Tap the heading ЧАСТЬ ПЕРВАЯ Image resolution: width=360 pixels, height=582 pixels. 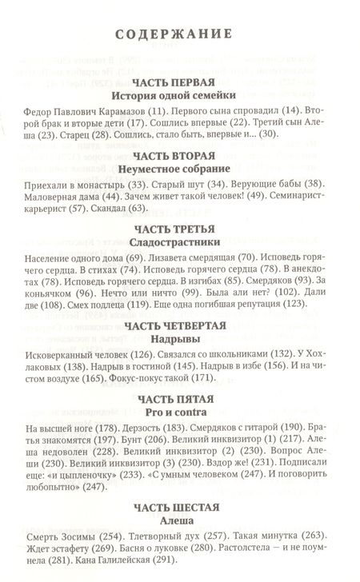[x=179, y=82]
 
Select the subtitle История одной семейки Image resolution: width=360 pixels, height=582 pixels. [x=179, y=95]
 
